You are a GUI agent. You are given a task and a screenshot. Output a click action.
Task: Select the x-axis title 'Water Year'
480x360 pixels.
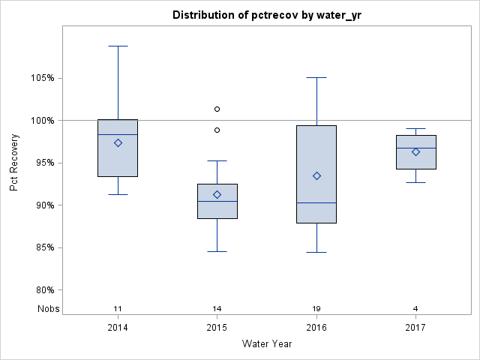tap(267, 344)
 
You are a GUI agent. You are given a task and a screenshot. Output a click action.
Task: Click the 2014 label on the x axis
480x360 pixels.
tap(118, 328)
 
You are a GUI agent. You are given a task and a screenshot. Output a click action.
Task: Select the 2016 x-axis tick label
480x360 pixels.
tap(316, 328)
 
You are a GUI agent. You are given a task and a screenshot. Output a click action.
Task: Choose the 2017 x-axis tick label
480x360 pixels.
tap(415, 328)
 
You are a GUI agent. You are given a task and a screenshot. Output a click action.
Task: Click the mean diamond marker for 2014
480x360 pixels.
tap(118, 142)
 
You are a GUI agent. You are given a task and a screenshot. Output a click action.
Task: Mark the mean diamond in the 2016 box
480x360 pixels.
tap(316, 175)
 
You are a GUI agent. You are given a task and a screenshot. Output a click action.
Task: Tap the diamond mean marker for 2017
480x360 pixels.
tap(415, 151)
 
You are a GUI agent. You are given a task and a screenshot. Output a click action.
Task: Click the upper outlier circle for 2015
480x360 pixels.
tap(217, 109)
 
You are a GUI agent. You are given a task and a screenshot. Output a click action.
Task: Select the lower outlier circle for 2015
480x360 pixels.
tap(217, 130)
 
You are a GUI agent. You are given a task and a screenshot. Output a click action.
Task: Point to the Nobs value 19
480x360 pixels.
tap(316, 309)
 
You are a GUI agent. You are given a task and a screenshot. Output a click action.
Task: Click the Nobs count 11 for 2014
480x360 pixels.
tap(118, 309)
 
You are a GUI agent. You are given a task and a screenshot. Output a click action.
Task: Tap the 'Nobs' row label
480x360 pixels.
tap(46, 309)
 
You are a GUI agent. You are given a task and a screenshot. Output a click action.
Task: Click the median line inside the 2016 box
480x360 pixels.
tap(316, 202)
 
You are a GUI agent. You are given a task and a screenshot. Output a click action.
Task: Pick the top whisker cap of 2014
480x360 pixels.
tap(118, 46)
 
